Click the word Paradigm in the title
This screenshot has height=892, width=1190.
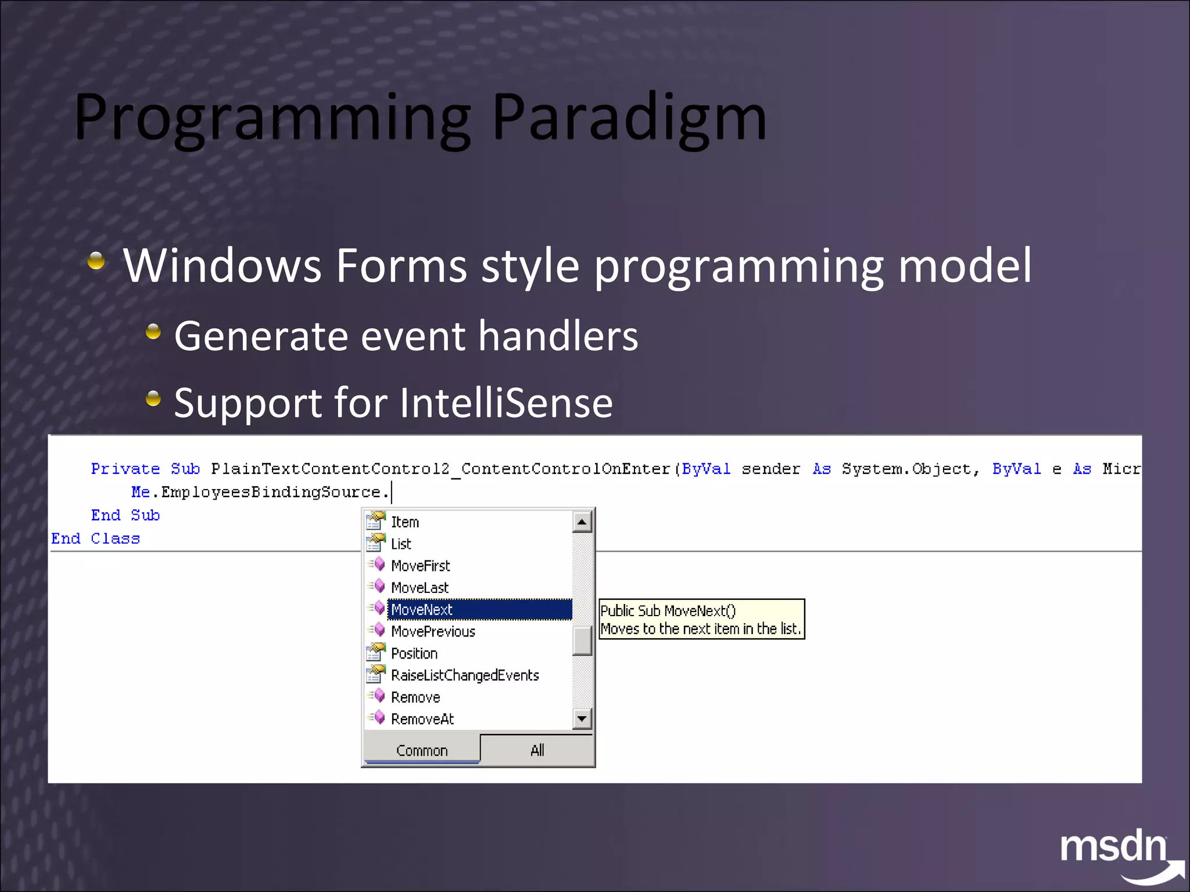[x=629, y=118]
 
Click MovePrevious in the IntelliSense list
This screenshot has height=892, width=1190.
[x=433, y=631]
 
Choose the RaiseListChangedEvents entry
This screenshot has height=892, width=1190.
[x=465, y=675]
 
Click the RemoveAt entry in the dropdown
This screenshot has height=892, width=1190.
[x=422, y=719]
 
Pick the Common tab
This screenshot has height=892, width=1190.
[x=422, y=750]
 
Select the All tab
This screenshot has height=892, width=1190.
[x=537, y=750]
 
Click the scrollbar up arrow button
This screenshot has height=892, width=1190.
[x=582, y=521]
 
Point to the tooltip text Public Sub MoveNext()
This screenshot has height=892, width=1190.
[x=668, y=611]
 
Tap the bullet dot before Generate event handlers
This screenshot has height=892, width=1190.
[x=153, y=332]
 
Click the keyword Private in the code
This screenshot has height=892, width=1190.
[x=125, y=469]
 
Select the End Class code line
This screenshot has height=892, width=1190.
[x=96, y=538]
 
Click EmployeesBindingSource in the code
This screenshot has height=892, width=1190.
[x=271, y=492]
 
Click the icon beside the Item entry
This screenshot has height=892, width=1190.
[x=375, y=521]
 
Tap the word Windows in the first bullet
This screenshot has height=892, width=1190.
[x=221, y=265]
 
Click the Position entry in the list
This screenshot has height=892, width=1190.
[x=414, y=653]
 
